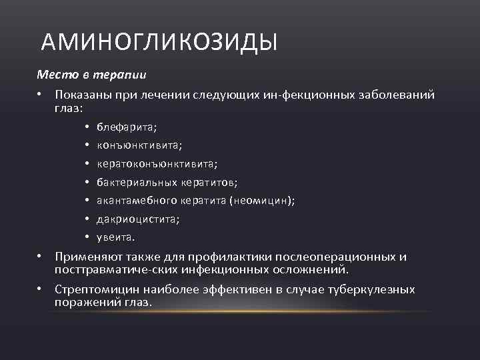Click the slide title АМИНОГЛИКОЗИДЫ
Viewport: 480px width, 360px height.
159,43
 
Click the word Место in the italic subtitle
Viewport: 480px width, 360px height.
52,73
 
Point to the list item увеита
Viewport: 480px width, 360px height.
115,237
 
